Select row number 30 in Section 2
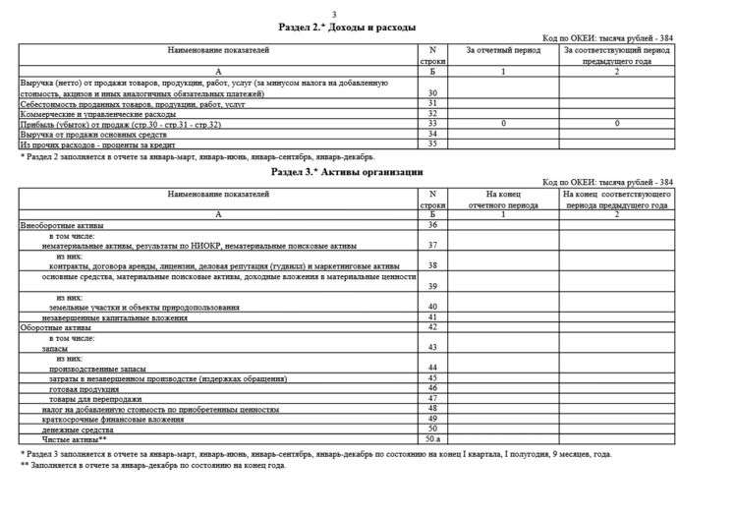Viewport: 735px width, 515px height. click(x=432, y=92)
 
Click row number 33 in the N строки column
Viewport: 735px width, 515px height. click(x=432, y=124)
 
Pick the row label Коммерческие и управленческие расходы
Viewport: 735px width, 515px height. click(x=99, y=113)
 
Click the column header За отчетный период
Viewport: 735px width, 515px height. click(x=503, y=48)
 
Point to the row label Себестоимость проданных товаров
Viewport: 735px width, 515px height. click(x=134, y=103)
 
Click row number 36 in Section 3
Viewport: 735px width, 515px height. click(x=432, y=225)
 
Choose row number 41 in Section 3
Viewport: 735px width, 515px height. click(x=432, y=317)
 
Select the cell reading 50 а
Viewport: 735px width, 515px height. click(x=432, y=439)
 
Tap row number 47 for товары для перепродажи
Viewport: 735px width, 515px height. click(x=432, y=398)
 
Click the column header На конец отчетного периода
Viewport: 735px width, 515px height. click(x=503, y=200)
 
